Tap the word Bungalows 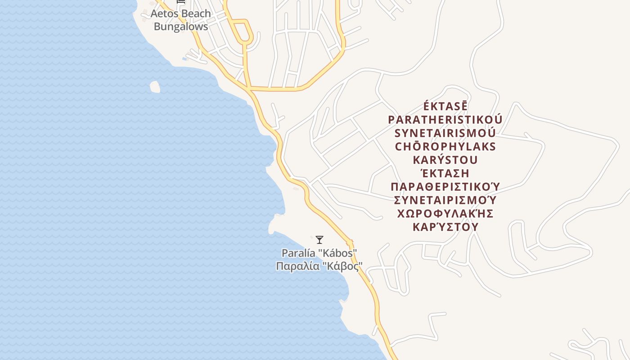(x=181, y=27)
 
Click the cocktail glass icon (x=319, y=239)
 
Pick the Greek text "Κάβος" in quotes (x=343, y=266)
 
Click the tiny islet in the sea (x=155, y=86)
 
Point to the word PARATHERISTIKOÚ (x=445, y=120)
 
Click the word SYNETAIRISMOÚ (x=445, y=134)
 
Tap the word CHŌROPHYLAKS (x=445, y=147)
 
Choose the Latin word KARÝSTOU (x=445, y=160)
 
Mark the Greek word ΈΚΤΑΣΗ (x=445, y=173)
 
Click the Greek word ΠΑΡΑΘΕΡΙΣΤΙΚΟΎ (x=445, y=187)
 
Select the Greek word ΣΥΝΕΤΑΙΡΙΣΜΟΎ (x=445, y=200)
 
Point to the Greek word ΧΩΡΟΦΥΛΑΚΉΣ (x=445, y=213)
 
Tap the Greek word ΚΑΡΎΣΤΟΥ (x=445, y=227)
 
